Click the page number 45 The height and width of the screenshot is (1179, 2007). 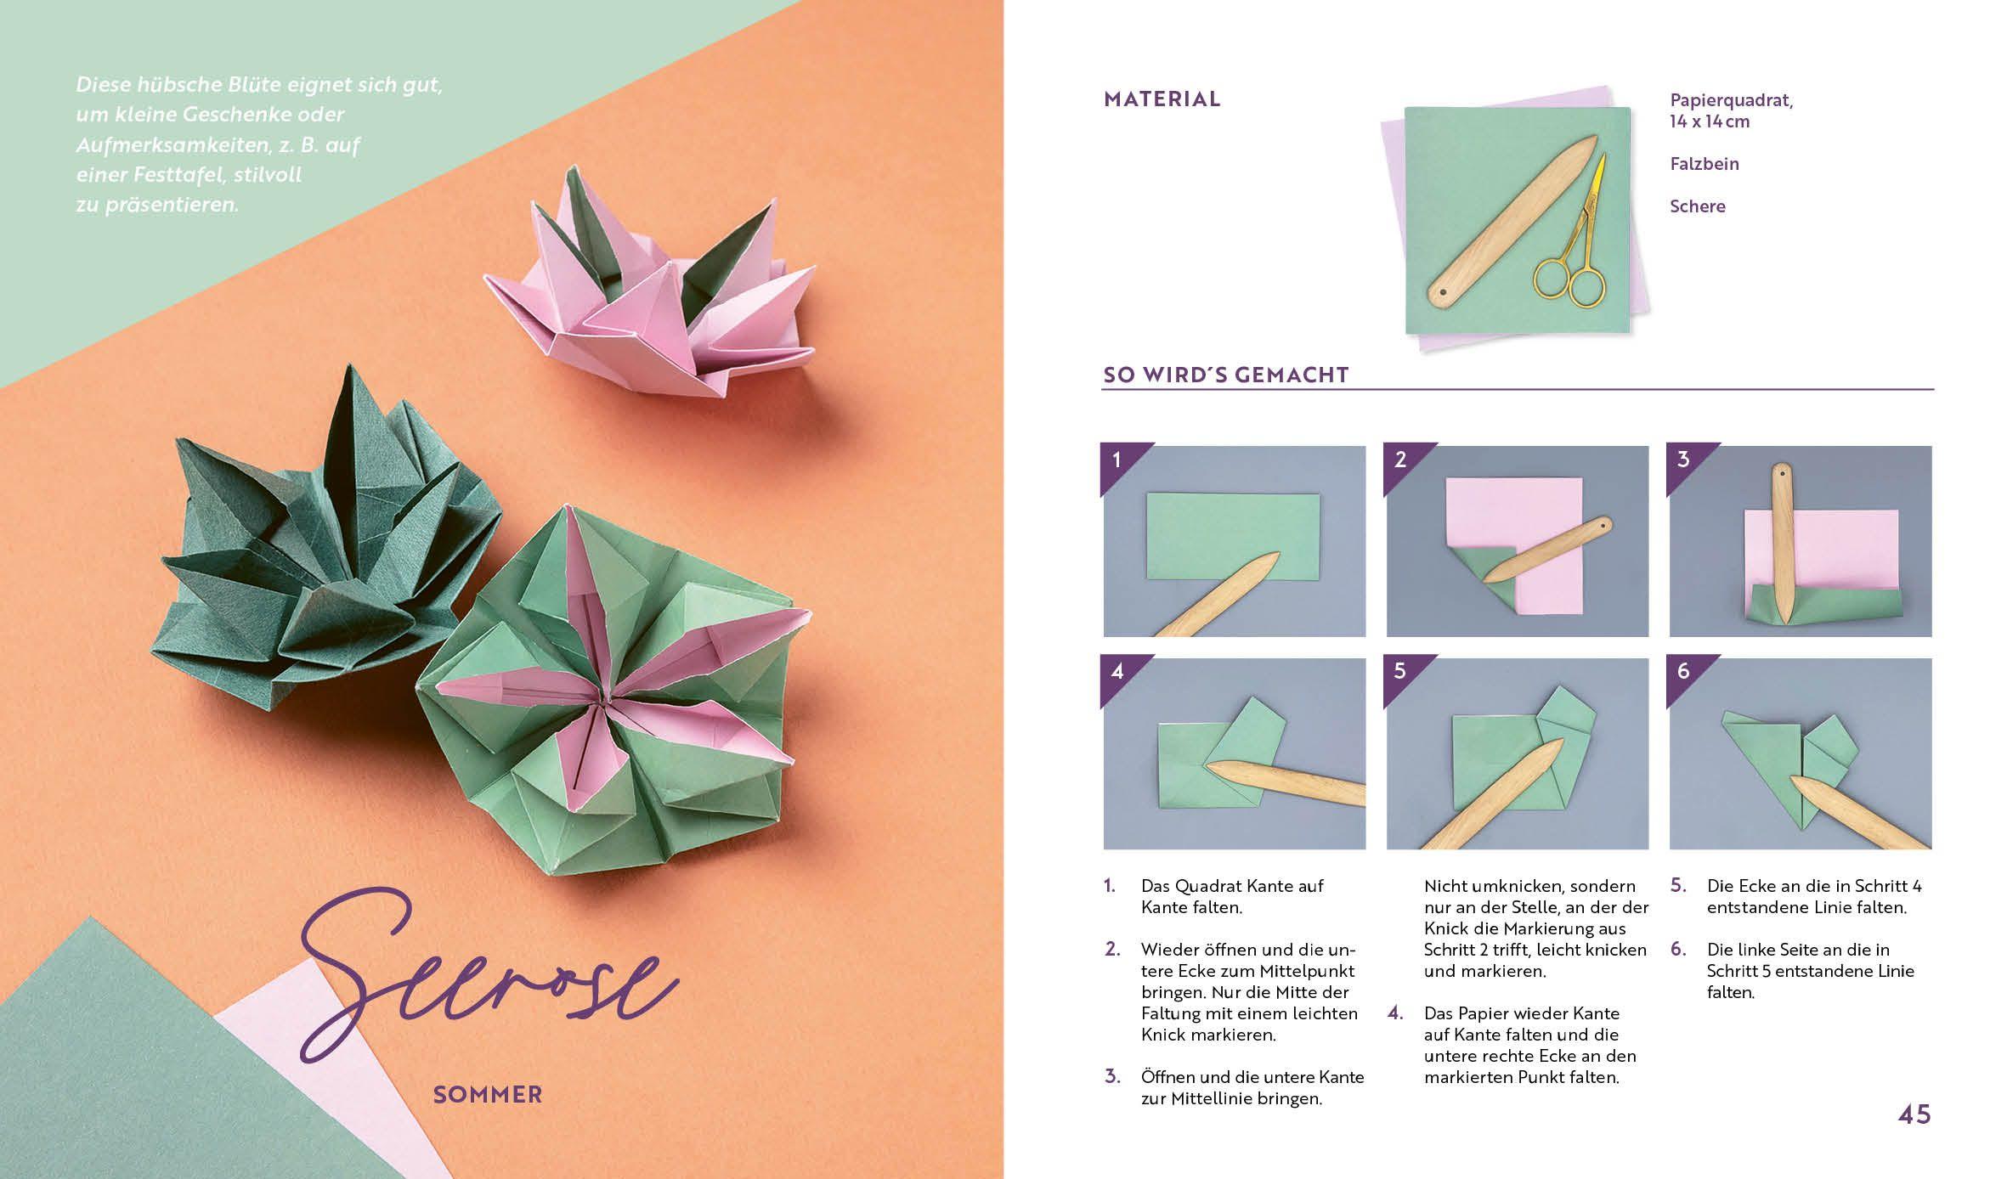pos(1914,1114)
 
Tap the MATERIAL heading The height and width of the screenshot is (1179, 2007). pos(1162,99)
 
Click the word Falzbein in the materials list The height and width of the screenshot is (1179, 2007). pos(1704,164)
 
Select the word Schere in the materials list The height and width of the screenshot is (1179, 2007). pos(1697,206)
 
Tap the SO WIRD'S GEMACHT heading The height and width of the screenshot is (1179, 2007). pos(1225,375)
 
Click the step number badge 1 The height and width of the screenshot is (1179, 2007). pos(1117,460)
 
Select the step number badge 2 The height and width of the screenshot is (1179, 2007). pos(1399,460)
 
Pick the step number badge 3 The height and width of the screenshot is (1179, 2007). pos(1682,460)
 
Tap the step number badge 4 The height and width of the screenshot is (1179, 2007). pos(1117,672)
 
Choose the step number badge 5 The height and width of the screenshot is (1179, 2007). pos(1399,672)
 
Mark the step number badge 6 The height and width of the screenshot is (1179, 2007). pos(1682,672)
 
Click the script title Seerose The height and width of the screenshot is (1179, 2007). pos(484,985)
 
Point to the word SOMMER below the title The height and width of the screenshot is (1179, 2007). pos(487,1095)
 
